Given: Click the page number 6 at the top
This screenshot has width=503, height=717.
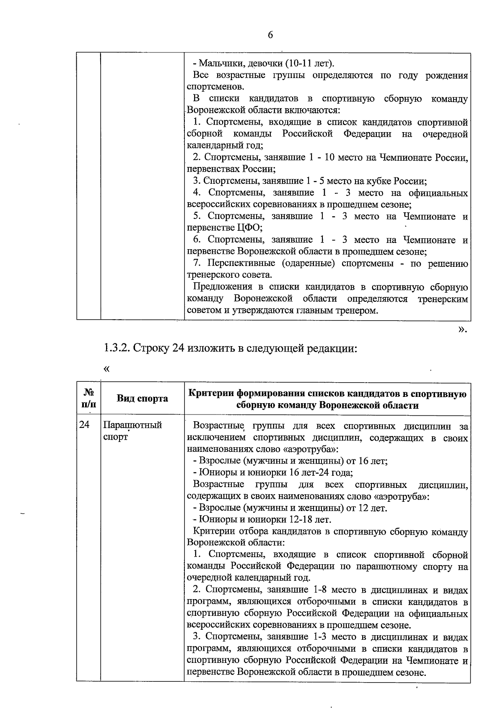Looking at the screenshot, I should click(x=270, y=35).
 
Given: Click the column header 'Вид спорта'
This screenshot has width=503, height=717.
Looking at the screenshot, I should click(x=142, y=399).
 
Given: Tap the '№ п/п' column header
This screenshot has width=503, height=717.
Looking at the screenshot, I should click(x=88, y=399).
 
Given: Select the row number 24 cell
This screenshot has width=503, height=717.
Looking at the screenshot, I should click(x=85, y=425).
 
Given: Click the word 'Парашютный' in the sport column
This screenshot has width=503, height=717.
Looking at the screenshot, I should click(x=132, y=425).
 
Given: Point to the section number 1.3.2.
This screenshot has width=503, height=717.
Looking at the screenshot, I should click(x=117, y=348).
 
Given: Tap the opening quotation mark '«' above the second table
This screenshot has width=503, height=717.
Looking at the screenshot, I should click(x=106, y=369).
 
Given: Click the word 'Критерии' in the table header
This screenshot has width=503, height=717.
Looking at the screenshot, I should click(x=211, y=394).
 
